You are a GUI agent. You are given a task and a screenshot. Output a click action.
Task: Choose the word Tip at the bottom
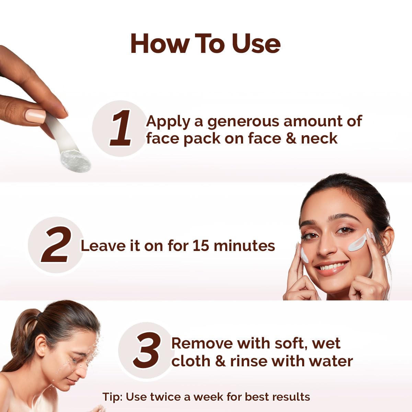tap(112, 397)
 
